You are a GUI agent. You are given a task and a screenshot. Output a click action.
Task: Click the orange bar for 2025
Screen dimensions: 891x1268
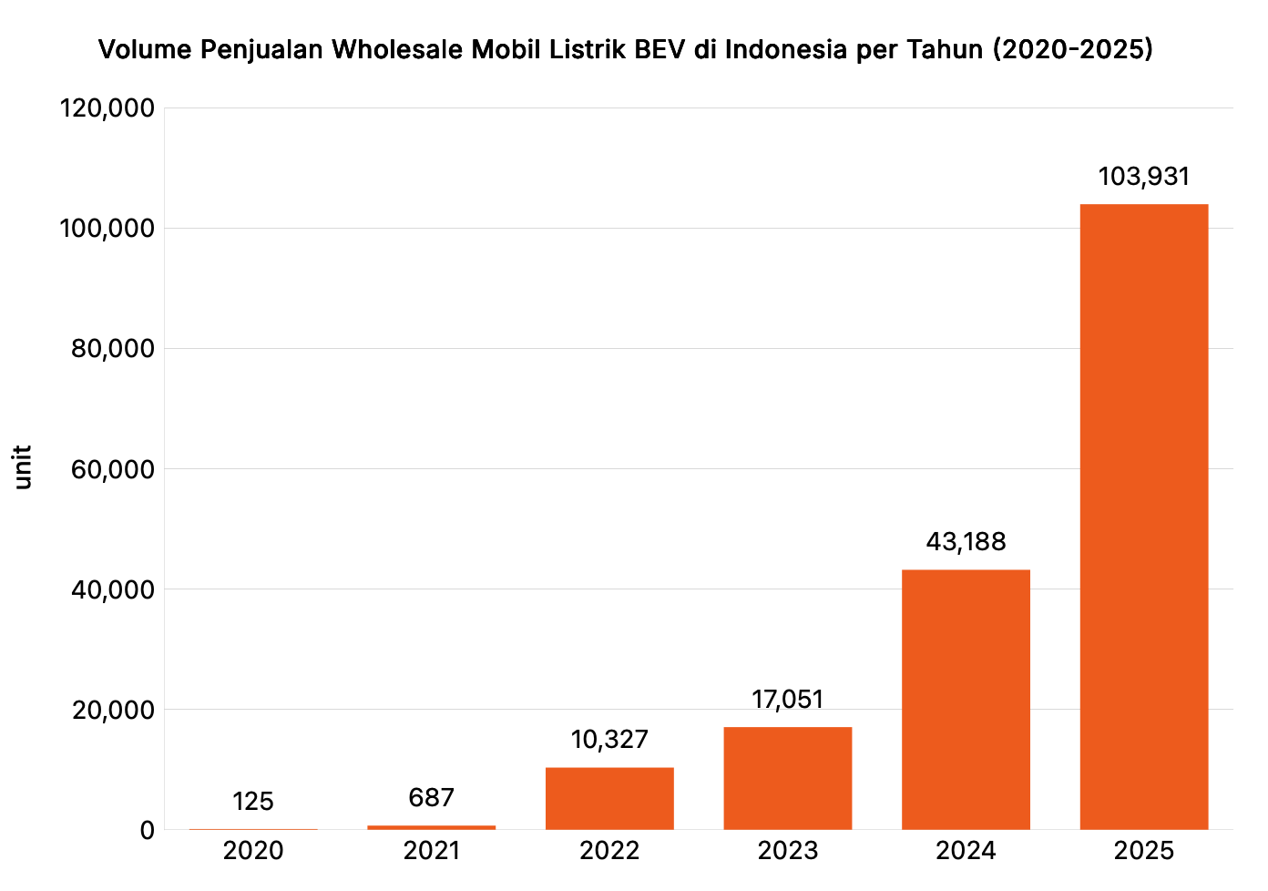pos(1143,517)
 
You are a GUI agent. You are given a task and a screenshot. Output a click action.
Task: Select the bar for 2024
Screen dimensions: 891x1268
pos(966,700)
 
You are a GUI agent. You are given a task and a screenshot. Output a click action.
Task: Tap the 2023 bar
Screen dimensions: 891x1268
pos(788,778)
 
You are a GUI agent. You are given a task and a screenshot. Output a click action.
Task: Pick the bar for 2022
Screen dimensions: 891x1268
pos(609,798)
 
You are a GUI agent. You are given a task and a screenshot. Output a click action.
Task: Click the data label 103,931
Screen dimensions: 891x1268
pos(1143,176)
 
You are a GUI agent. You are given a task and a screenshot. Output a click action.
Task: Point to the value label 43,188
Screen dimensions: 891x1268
pos(966,542)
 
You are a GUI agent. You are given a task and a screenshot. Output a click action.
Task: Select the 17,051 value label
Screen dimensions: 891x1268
pos(788,700)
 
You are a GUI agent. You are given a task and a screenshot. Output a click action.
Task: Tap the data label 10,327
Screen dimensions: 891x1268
pos(609,740)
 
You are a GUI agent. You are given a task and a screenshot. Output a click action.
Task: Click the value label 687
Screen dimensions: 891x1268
pos(431,798)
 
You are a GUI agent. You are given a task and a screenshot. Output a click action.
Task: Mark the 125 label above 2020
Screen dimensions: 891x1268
pos(253,802)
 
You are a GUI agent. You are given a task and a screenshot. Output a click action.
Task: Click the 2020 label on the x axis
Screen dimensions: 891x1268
pos(253,851)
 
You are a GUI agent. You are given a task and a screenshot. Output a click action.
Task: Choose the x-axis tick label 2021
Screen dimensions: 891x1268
pos(431,851)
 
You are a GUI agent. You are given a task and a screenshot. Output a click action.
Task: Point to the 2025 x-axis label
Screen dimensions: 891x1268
pos(1143,851)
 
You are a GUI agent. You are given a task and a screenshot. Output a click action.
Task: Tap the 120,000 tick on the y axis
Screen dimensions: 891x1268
pos(107,108)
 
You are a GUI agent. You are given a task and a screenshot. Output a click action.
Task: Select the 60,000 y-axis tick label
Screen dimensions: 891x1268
pos(113,469)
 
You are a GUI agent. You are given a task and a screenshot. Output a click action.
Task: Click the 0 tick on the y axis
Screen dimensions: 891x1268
pos(147,830)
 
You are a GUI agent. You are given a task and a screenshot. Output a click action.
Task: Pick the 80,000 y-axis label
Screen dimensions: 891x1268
pos(113,349)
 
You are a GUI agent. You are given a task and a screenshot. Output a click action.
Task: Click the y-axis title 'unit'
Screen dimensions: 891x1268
pos(23,467)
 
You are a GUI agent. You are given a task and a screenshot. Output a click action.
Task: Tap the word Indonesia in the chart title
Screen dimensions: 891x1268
pos(786,49)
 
